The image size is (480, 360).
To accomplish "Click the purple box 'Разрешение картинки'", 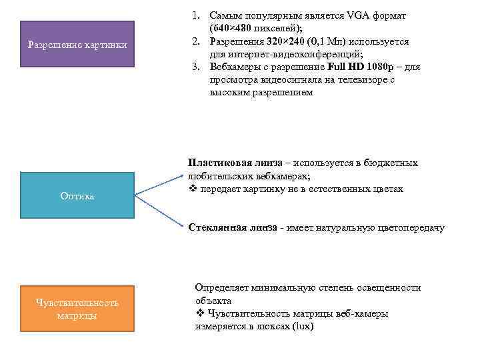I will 77,45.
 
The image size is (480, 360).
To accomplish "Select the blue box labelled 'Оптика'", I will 77,196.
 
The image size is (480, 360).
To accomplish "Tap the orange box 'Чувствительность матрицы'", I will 77,309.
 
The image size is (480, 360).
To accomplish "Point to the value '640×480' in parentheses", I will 231,28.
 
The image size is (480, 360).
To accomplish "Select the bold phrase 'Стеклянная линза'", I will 231,228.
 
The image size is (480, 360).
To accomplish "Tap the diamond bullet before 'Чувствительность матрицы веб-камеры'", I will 200,314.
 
